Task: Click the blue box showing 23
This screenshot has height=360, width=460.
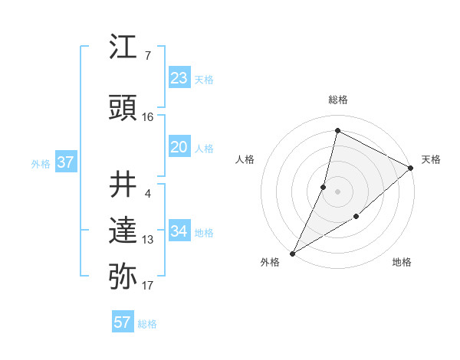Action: tap(179, 78)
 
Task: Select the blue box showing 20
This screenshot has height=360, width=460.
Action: tap(179, 147)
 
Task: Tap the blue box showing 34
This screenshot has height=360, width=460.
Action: tap(179, 231)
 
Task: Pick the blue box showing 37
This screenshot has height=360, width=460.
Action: tap(65, 162)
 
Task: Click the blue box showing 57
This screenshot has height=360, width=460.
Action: tap(123, 322)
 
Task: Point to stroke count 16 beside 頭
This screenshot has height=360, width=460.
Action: tap(148, 117)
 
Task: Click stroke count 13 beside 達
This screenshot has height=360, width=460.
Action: tap(148, 240)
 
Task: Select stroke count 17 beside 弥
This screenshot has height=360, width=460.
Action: tap(148, 286)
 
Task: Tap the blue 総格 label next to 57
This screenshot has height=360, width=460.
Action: tap(147, 324)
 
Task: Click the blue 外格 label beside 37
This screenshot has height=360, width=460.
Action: tap(41, 163)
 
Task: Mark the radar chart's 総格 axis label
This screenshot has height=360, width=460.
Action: tap(337, 100)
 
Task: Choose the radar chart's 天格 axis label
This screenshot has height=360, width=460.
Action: tap(431, 159)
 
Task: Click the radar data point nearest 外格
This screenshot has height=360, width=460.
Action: tap(292, 253)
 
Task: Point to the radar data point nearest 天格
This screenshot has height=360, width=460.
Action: tap(410, 168)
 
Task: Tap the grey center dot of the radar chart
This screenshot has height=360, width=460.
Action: tap(337, 191)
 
